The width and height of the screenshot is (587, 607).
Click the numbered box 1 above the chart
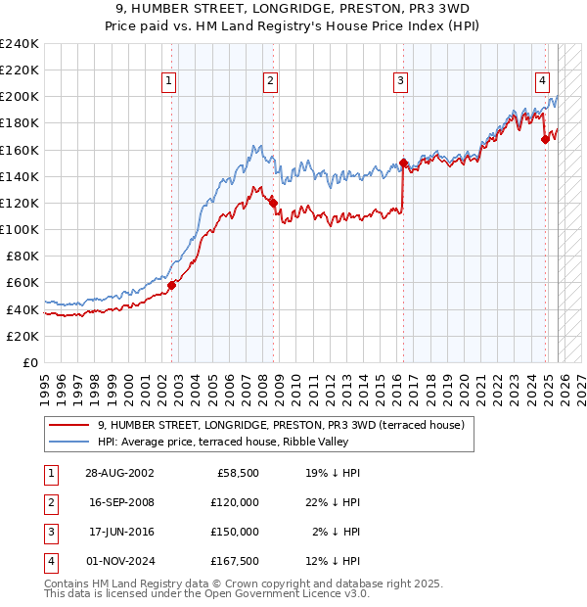(x=170, y=82)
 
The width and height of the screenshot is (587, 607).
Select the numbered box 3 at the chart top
(x=401, y=82)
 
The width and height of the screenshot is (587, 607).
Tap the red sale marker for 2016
(x=403, y=163)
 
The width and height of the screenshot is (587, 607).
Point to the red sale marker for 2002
(x=171, y=285)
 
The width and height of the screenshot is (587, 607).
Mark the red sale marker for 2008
(x=274, y=203)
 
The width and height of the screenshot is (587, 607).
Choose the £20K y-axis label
(x=23, y=336)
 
